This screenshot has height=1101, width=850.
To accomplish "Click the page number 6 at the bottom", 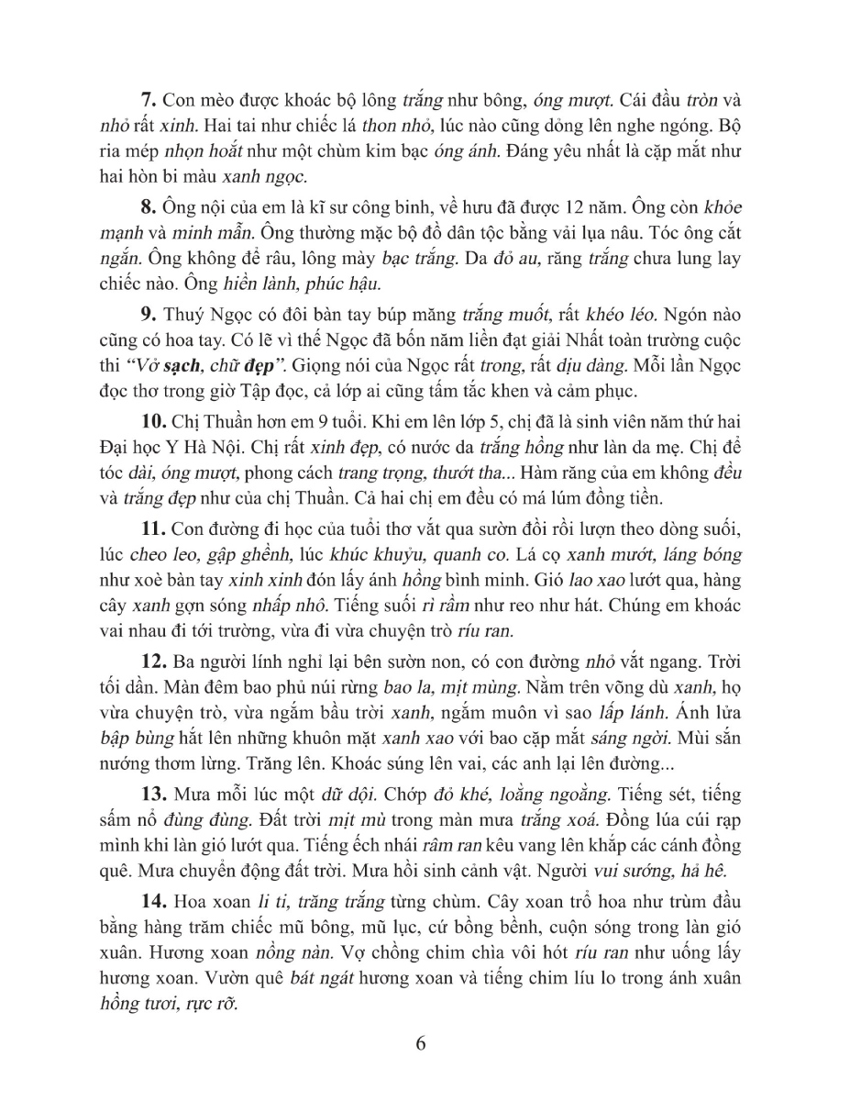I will click(422, 1045).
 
